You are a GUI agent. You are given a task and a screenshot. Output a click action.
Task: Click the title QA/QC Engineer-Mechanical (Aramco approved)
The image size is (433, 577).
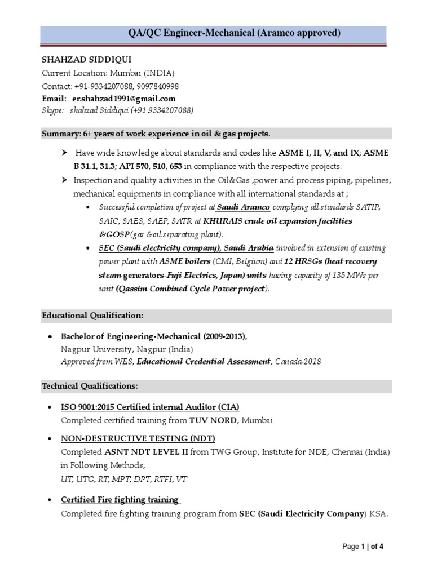click(235, 34)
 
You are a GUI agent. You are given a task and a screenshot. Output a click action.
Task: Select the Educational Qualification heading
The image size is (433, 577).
click(92, 316)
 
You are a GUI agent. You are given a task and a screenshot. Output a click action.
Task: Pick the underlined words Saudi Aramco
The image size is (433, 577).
click(240, 207)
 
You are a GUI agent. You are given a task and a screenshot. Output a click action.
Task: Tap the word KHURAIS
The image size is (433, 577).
click(224, 221)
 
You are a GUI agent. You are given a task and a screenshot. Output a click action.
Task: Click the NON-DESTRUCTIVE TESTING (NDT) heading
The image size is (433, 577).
click(138, 438)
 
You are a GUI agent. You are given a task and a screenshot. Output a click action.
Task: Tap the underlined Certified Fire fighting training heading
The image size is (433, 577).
click(120, 500)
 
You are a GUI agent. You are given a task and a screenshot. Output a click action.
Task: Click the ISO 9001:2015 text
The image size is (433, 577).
click(91, 407)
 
